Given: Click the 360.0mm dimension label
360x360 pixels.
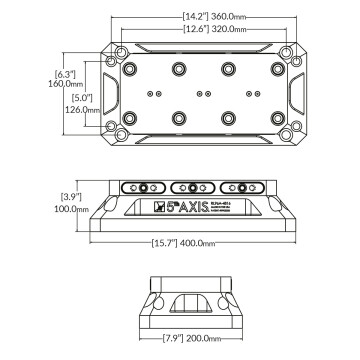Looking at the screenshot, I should (x=205, y=17).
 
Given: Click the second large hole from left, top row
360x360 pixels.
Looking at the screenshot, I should (x=180, y=68).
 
